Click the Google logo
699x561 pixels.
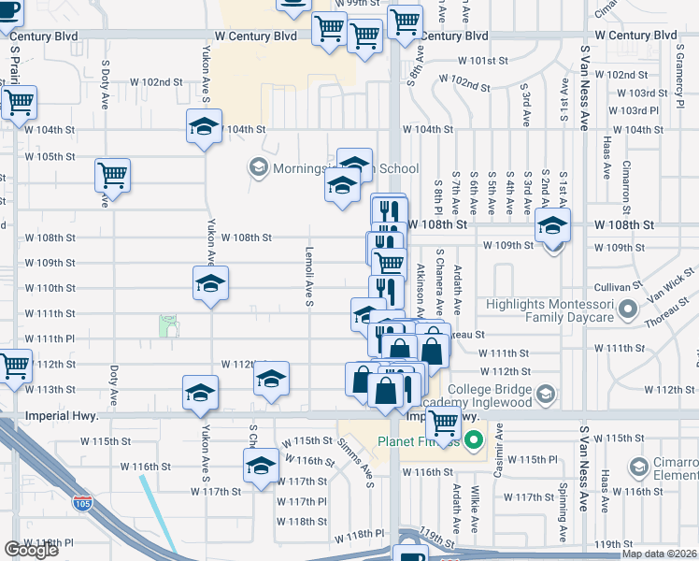31,550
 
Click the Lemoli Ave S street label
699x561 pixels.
307,277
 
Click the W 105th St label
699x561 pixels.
50,156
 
